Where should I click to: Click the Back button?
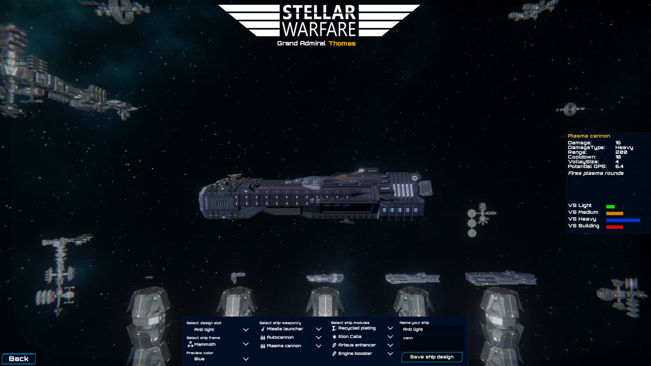point(19,359)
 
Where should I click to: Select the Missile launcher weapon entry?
point(291,329)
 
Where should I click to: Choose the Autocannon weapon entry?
point(291,338)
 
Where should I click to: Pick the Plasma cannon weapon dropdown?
point(291,346)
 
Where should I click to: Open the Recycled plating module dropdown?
point(362,328)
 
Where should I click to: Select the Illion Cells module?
point(362,337)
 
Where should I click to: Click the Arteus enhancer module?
point(362,345)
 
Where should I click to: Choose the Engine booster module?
point(362,354)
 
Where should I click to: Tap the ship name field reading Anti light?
point(432,329)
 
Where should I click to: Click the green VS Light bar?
point(610,207)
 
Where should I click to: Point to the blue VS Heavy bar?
point(623,220)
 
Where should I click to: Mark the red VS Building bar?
point(615,227)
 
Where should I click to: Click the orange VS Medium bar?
point(615,213)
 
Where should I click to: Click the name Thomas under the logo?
point(342,43)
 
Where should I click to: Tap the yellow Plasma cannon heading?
point(589,136)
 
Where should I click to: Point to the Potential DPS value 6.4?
point(619,166)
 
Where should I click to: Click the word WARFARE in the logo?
point(319,29)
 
